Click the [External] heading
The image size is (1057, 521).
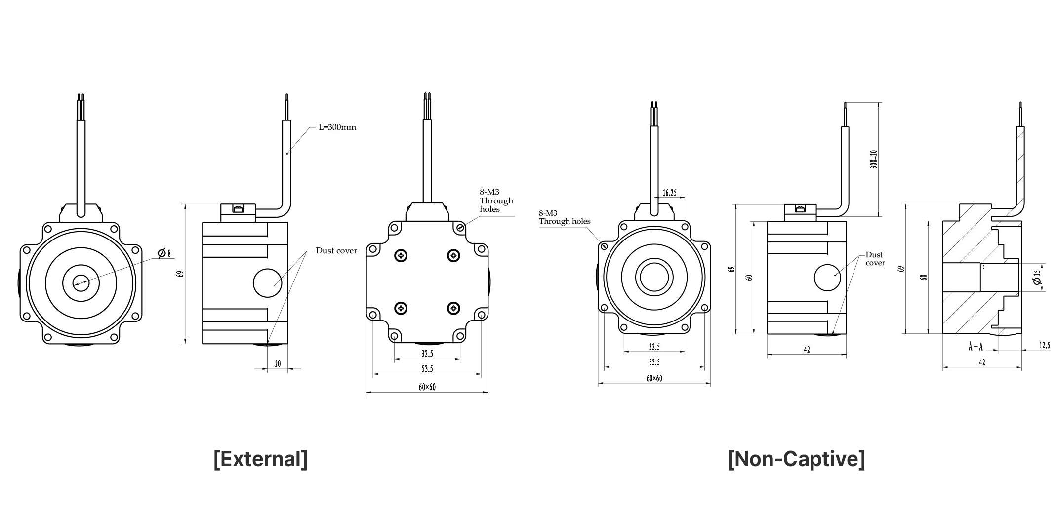tap(260, 459)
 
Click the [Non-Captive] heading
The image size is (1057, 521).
tap(796, 459)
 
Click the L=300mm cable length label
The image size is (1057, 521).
tap(337, 127)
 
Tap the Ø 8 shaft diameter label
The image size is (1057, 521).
tap(164, 253)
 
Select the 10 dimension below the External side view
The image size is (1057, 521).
tap(278, 364)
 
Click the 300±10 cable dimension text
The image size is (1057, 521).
tap(873, 159)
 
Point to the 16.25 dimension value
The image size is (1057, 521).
tap(669, 193)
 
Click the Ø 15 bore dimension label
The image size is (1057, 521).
tap(1037, 277)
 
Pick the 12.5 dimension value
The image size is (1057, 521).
tap(1044, 346)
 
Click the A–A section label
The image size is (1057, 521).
tap(975, 347)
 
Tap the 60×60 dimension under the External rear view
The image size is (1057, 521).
tap(427, 388)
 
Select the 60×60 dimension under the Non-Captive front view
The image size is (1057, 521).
tap(654, 379)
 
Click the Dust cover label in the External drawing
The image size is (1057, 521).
tap(336, 251)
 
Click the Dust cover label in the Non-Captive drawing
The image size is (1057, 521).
tap(874, 259)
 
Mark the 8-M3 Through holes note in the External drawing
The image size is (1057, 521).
tap(496, 200)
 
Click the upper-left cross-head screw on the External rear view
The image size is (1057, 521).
tap(401, 256)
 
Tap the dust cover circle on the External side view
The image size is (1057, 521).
tap(267, 283)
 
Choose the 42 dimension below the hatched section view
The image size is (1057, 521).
tap(982, 362)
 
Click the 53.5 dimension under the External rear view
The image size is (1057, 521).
tap(427, 369)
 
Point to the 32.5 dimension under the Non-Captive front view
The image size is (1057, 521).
tap(654, 347)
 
